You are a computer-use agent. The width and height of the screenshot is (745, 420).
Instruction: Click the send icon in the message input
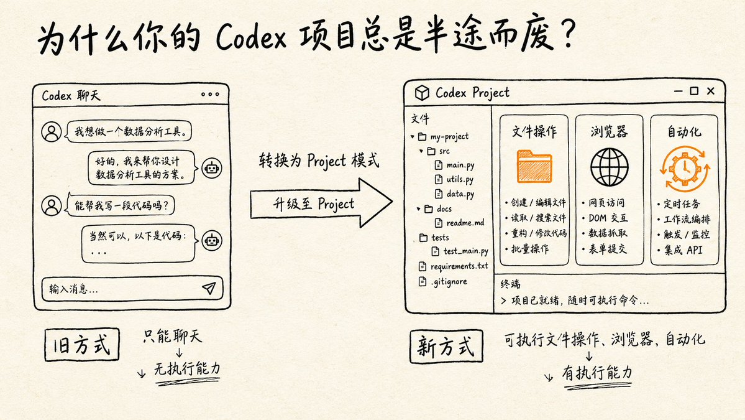click(x=209, y=287)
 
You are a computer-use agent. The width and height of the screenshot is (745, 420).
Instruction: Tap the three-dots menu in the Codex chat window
click(x=210, y=94)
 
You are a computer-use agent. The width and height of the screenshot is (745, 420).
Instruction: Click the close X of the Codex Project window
click(x=711, y=91)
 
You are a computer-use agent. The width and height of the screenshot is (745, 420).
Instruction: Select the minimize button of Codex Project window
click(x=679, y=91)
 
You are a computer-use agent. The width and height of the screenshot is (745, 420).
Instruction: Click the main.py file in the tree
click(x=455, y=165)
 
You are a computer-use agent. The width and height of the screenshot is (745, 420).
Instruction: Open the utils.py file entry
click(x=455, y=179)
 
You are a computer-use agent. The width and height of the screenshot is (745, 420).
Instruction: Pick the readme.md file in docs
click(x=460, y=223)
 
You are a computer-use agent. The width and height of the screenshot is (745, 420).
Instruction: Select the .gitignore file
click(x=443, y=282)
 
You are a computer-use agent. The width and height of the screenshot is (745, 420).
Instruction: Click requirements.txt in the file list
click(x=453, y=266)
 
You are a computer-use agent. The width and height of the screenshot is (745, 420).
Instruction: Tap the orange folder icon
click(x=534, y=167)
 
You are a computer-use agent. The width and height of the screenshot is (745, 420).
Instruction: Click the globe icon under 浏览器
click(x=609, y=167)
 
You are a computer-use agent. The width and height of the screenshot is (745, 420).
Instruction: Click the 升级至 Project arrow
click(x=321, y=203)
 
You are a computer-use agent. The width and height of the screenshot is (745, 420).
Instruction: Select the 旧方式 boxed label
click(x=82, y=344)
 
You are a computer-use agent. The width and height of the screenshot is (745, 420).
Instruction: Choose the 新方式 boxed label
click(x=446, y=346)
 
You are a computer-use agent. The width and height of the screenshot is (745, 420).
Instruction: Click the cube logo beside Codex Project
click(x=422, y=93)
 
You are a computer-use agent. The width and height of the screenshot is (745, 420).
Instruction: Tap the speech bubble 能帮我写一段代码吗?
click(x=121, y=205)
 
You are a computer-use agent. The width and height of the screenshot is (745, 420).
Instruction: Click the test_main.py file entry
click(x=460, y=251)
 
